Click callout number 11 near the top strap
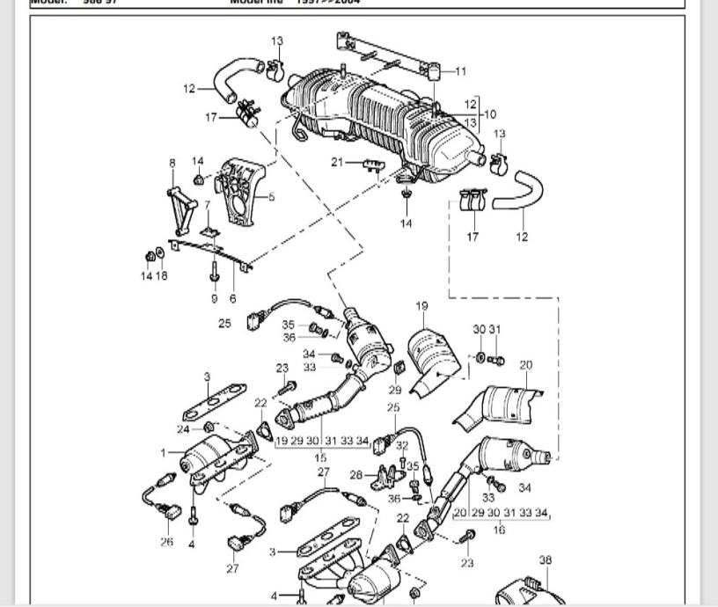pyautogui.click(x=461, y=71)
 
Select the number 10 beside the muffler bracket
pyautogui.click(x=489, y=113)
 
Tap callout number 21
pyautogui.click(x=337, y=162)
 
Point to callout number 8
pyautogui.click(x=172, y=163)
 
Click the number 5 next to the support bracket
pyautogui.click(x=272, y=197)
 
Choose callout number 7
pyautogui.click(x=207, y=205)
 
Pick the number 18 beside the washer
pyautogui.click(x=163, y=275)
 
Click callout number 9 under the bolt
pyautogui.click(x=214, y=298)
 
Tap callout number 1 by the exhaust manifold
pyautogui.click(x=163, y=452)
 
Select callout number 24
pyautogui.click(x=183, y=429)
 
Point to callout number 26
pyautogui.click(x=167, y=541)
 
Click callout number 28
pyautogui.click(x=355, y=475)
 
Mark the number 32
pyautogui.click(x=402, y=446)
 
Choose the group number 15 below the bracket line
pyautogui.click(x=321, y=457)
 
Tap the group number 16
pyautogui.click(x=500, y=530)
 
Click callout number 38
pyautogui.click(x=546, y=559)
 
